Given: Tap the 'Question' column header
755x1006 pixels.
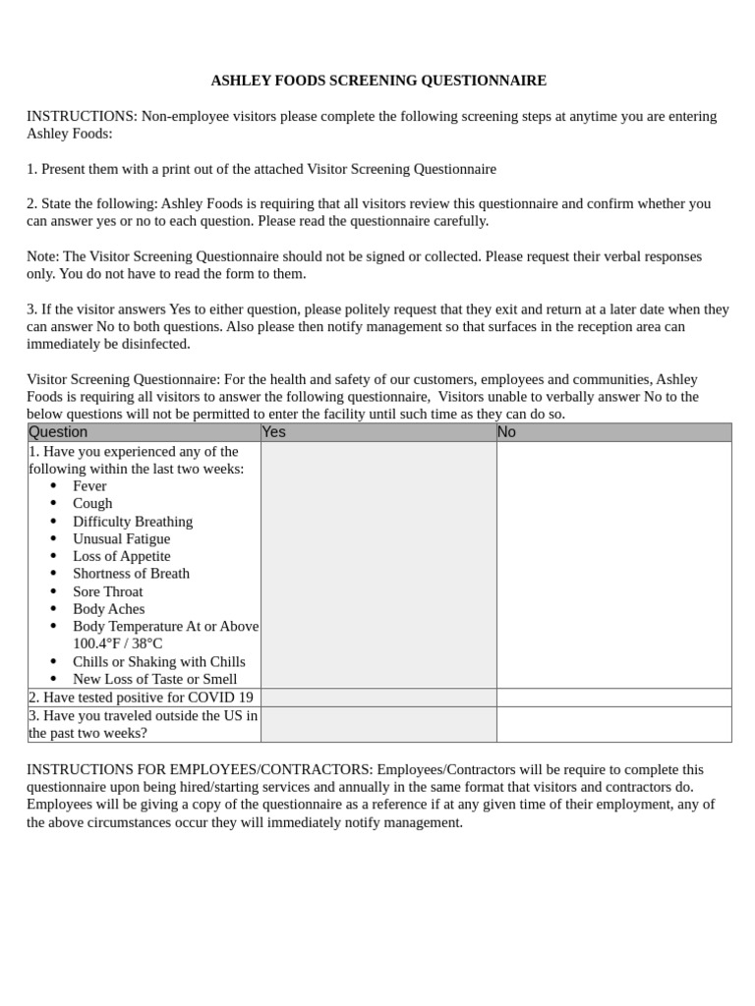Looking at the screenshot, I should tap(58, 432).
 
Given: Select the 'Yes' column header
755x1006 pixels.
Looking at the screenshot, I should tap(274, 432).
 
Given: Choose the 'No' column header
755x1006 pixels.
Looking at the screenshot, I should tap(506, 432).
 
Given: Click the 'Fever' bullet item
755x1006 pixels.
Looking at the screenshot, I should tap(89, 486).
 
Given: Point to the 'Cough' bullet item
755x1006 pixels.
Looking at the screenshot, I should tap(92, 503).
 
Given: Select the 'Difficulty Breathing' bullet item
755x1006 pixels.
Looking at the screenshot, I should tap(133, 522).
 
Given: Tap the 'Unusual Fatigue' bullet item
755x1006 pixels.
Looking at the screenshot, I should tap(121, 538).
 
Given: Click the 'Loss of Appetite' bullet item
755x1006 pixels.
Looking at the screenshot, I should tap(121, 556).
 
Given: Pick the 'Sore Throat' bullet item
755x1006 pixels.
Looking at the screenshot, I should tap(107, 591).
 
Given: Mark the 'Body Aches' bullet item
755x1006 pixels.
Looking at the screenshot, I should tap(108, 609).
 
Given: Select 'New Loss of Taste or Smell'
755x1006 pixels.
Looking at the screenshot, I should tap(154, 679).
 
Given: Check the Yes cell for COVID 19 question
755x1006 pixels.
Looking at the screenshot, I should tap(378, 698).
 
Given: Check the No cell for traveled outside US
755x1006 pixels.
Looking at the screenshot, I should tap(613, 724).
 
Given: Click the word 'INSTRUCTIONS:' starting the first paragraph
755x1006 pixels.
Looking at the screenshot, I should tap(82, 116).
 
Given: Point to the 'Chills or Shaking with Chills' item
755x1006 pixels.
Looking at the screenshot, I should tap(159, 662).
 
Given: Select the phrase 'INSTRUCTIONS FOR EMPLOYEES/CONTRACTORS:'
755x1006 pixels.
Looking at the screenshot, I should tap(200, 769).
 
